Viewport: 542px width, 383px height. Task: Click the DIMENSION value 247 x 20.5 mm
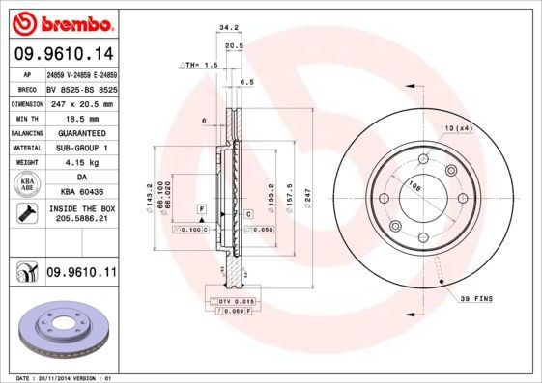tap(81, 103)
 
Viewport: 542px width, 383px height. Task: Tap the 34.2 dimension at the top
tap(228, 29)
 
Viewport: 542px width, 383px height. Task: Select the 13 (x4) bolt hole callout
tap(458, 128)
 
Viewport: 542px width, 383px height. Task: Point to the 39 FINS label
tap(475, 300)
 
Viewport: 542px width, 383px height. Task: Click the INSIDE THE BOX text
tap(81, 208)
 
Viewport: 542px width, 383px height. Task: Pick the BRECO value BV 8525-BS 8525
tap(81, 88)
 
